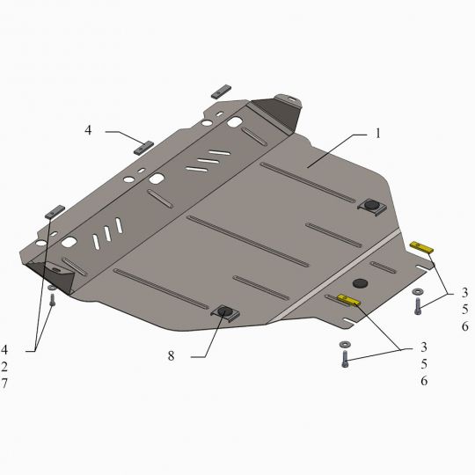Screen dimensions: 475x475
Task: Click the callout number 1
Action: click(377, 134)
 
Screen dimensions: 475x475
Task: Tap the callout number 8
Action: click(172, 356)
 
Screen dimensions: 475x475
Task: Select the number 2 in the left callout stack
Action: click(4, 367)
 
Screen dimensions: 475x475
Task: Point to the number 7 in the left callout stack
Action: click(4, 384)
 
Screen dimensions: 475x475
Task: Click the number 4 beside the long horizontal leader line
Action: click(88, 130)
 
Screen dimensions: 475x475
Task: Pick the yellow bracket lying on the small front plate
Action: click(348, 300)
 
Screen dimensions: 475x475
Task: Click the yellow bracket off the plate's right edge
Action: click(421, 247)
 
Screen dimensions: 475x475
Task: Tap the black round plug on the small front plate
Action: click(360, 283)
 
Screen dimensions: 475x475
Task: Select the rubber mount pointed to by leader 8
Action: click(225, 312)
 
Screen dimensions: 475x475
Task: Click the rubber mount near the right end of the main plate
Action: click(371, 207)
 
